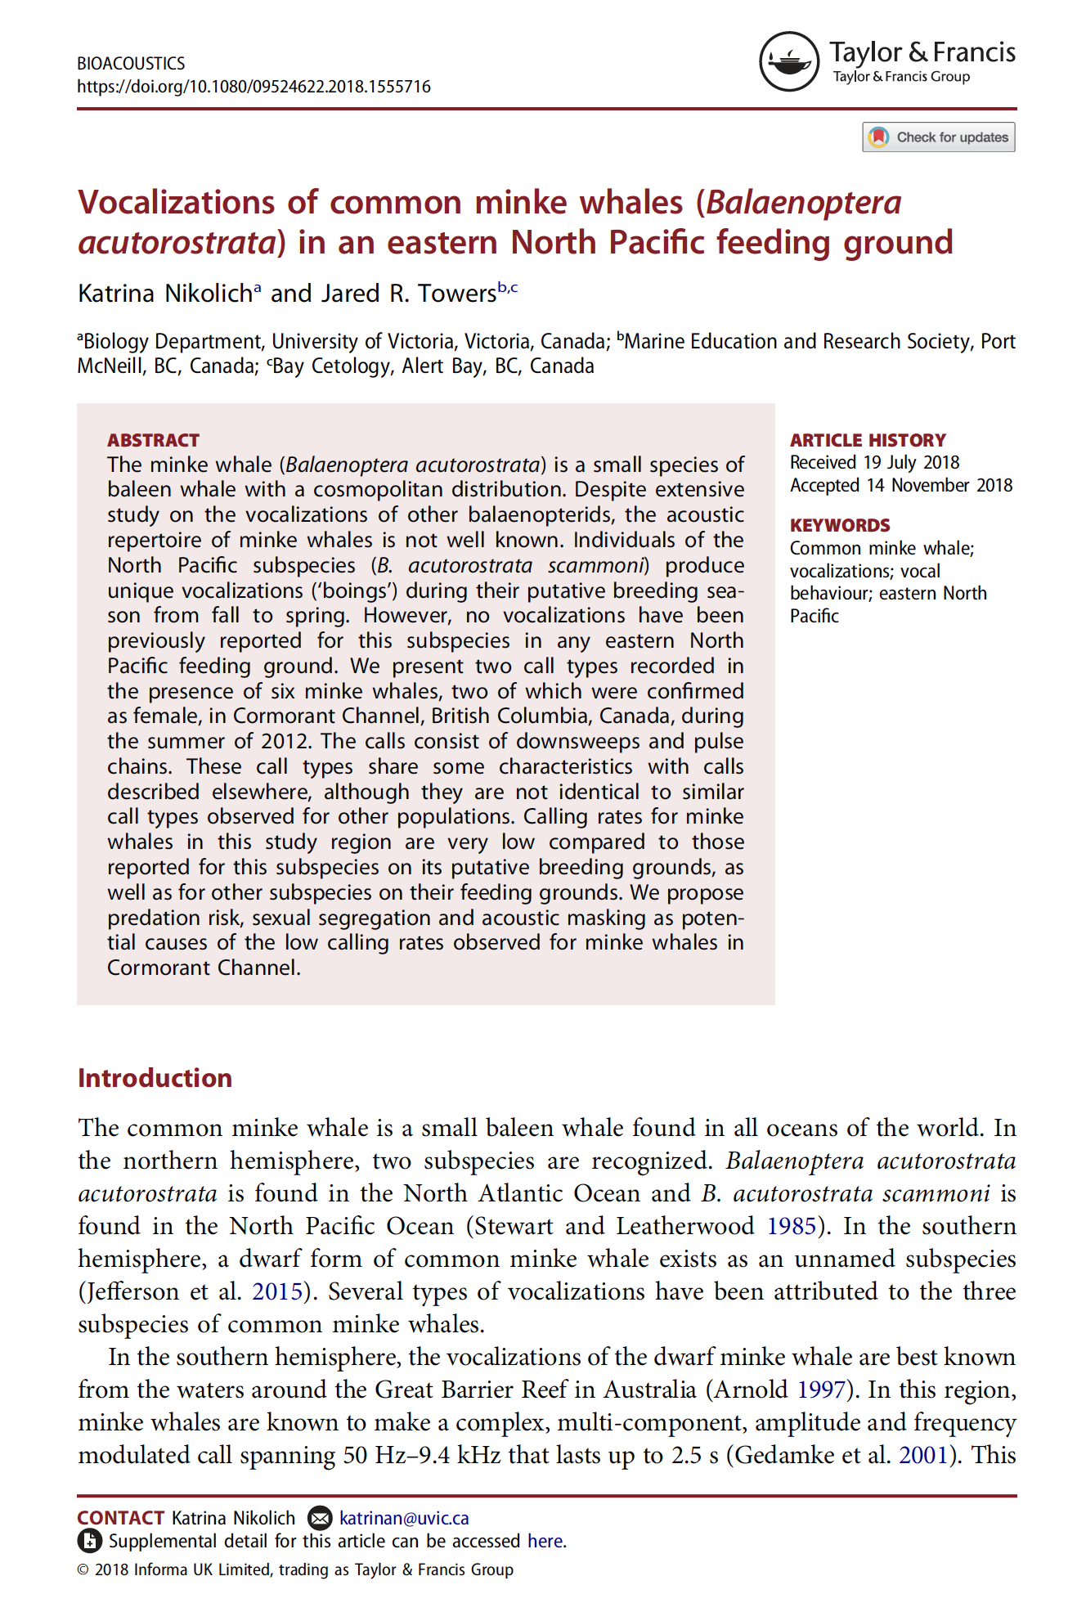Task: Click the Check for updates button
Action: tap(938, 137)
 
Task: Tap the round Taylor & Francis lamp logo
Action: tap(788, 61)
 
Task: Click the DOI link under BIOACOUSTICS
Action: tap(254, 87)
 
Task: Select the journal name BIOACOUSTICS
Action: tap(131, 63)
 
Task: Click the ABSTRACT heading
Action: tap(153, 440)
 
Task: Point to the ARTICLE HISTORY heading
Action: tap(867, 440)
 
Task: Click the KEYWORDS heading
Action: tap(839, 525)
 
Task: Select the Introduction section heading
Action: tap(155, 1078)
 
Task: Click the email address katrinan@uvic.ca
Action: tap(404, 1518)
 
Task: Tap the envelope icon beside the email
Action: tap(320, 1518)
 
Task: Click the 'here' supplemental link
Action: tap(545, 1541)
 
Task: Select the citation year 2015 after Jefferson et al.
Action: tap(277, 1291)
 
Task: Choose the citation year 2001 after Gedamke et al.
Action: tap(923, 1455)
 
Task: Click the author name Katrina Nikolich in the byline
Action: tap(165, 294)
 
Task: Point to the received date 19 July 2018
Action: tap(911, 463)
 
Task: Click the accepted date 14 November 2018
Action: tap(940, 486)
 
